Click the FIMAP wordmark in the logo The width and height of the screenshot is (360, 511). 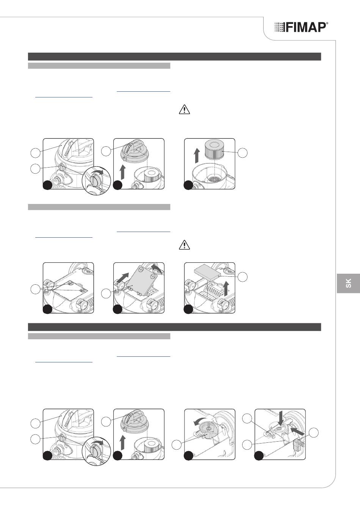(305, 27)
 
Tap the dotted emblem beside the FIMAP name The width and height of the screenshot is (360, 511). (280, 27)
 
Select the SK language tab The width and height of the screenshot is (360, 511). (348, 283)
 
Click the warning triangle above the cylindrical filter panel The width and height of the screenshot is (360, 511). (185, 109)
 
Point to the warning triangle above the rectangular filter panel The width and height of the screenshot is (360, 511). (185, 245)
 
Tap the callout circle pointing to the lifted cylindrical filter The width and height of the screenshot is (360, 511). (243, 153)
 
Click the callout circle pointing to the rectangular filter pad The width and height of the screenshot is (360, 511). (243, 277)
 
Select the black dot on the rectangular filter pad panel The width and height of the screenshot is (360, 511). (188, 309)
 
